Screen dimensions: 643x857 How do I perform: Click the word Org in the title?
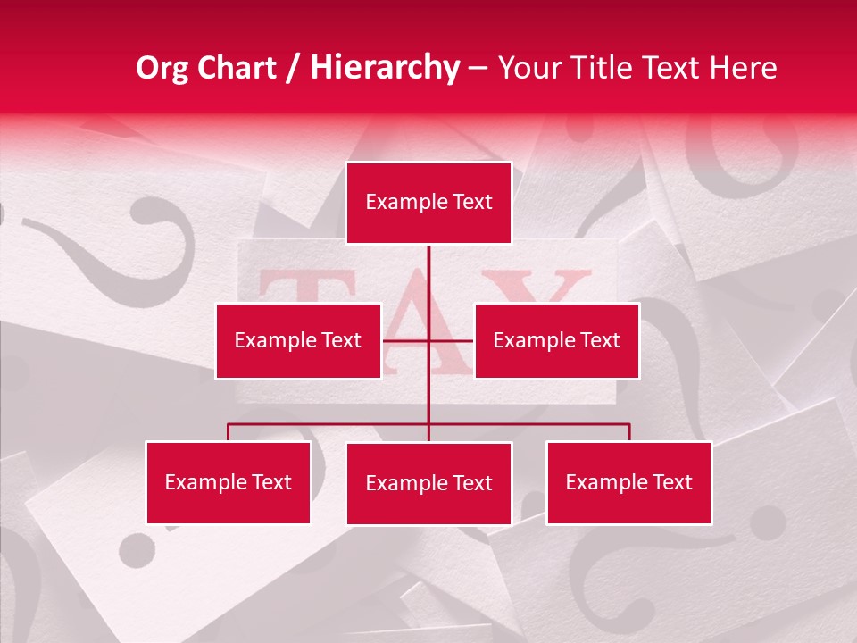(163, 68)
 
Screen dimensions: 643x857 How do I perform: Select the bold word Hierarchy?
(385, 68)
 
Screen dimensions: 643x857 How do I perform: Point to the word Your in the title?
(528, 68)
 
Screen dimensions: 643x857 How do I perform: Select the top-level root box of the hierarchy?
(428, 203)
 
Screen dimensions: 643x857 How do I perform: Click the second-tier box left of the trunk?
(298, 340)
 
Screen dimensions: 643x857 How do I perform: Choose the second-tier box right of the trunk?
(557, 340)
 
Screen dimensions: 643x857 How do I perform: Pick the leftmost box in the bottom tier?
(228, 482)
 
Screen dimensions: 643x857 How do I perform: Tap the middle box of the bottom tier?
(428, 483)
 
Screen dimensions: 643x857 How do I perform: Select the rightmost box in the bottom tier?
(628, 482)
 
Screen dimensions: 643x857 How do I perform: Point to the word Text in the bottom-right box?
(672, 482)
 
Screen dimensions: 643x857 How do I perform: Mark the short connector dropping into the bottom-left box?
(229, 432)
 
